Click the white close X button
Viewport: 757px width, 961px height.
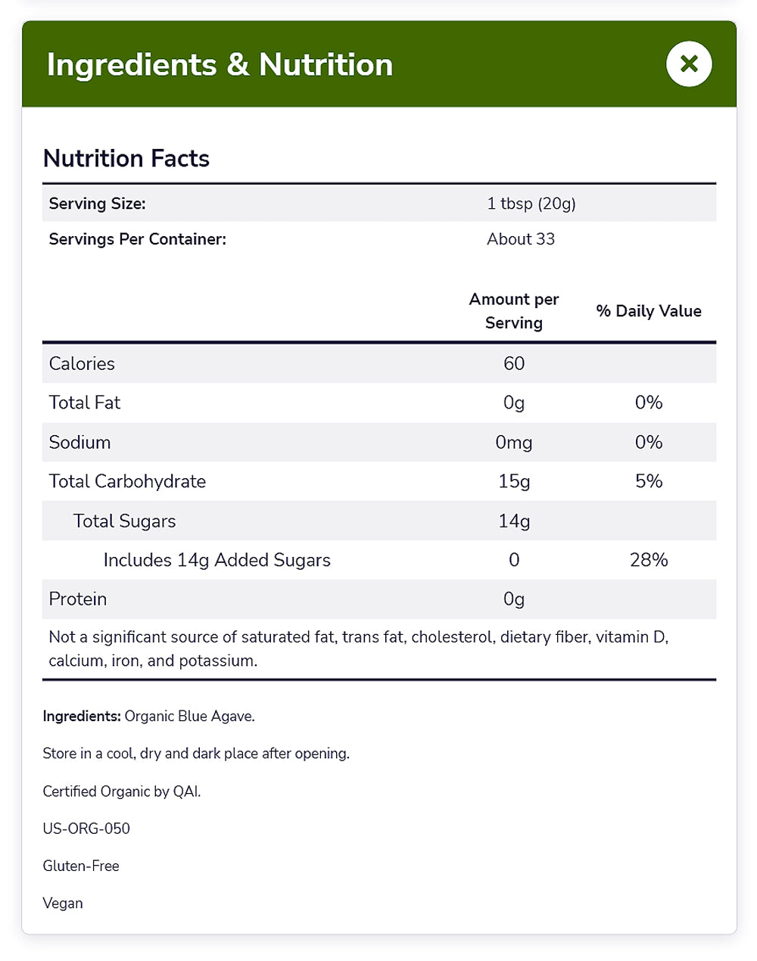689,64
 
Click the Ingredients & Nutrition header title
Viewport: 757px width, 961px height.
220,65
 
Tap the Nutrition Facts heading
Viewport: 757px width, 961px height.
126,158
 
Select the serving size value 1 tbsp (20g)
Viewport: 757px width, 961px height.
531,204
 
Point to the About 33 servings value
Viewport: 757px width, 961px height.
521,239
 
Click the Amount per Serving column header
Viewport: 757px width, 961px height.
514,311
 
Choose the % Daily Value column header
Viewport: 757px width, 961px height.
649,311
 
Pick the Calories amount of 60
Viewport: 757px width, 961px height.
514,364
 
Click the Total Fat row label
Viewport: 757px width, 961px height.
85,403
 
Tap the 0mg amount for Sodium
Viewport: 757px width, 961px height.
514,443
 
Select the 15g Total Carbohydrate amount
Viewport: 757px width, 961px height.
514,482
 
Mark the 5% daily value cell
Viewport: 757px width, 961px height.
649,482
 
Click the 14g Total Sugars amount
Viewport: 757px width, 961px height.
514,521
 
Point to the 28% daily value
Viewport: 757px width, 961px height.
649,560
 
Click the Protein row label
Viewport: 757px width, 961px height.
78,599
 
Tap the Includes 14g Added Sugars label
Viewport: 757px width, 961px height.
217,560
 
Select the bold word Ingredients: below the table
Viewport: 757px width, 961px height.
82,716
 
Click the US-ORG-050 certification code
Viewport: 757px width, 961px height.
86,829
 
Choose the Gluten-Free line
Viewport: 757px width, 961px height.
81,866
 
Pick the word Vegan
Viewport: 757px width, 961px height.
63,903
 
